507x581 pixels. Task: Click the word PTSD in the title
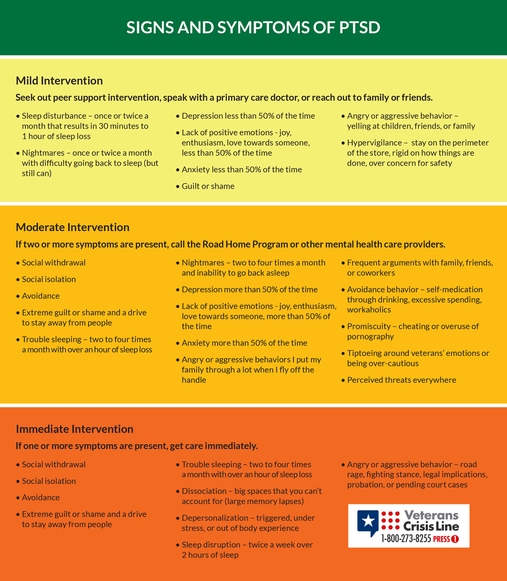359,27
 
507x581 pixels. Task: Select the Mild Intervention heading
59,81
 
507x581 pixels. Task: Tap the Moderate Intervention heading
72,227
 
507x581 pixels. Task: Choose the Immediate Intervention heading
74,429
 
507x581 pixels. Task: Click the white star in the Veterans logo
368,520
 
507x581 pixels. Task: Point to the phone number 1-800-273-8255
406,538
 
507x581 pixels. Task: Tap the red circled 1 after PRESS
455,539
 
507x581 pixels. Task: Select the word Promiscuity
369,326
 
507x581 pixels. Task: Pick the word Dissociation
204,491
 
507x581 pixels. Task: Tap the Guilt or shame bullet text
208,186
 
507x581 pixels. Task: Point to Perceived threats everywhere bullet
401,380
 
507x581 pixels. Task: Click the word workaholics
369,310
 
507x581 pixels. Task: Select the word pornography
370,336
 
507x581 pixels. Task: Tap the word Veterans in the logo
431,515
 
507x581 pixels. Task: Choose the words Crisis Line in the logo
431,526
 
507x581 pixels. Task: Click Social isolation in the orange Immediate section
49,481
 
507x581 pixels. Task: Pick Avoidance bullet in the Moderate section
41,296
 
